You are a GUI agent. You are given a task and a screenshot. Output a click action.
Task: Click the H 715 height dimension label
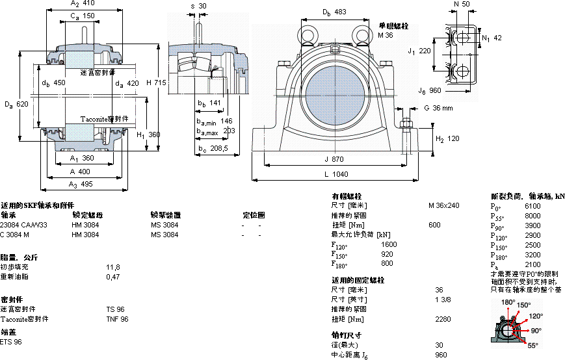pos(157,83)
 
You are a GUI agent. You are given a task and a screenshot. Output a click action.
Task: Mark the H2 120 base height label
pos(447,139)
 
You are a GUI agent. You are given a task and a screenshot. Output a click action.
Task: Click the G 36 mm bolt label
pos(438,108)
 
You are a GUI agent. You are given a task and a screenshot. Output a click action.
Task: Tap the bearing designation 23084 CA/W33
pos(24,225)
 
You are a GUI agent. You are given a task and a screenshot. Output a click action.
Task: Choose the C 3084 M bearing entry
pos(20,235)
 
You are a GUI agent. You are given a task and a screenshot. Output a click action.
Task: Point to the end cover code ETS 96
pos(11,342)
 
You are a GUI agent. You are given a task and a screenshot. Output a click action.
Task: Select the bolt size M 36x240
pos(443,205)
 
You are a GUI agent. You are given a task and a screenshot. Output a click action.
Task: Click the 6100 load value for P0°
pos(532,205)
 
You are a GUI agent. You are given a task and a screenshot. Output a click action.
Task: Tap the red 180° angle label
pos(508,303)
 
